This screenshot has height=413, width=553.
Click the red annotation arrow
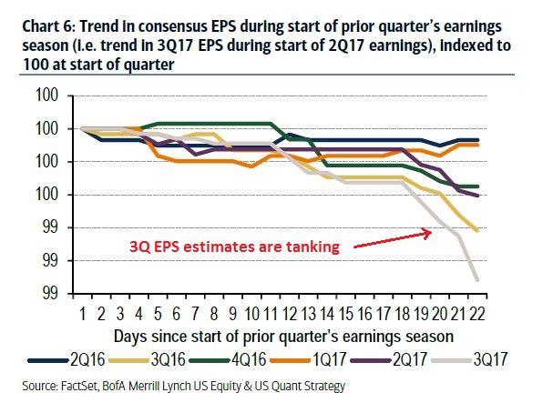(x=392, y=239)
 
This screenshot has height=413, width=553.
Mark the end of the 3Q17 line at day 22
(x=476, y=279)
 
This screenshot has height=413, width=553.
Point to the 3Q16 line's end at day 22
(x=476, y=230)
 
